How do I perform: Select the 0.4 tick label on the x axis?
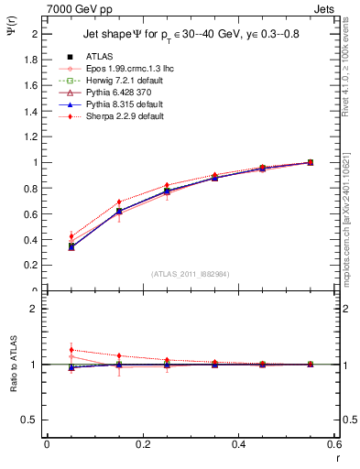point(239,443)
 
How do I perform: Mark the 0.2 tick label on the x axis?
point(143,443)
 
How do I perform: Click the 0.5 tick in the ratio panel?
point(31,420)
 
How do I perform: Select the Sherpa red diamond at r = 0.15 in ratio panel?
point(119,355)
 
